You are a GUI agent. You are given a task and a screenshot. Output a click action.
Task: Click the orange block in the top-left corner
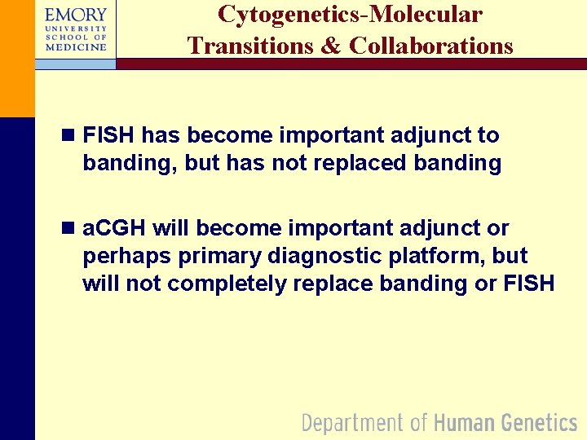pyautogui.click(x=17, y=57)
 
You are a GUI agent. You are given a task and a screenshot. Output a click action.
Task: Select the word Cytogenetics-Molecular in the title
pyautogui.click(x=350, y=15)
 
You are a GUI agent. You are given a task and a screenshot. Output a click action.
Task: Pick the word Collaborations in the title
pyautogui.click(x=431, y=46)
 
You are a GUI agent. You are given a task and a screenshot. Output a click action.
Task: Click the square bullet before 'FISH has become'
pyautogui.click(x=69, y=135)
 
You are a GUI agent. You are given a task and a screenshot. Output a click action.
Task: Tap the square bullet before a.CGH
pyautogui.click(x=69, y=228)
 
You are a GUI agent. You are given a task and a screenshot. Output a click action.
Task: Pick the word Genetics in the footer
pyautogui.click(x=539, y=422)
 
